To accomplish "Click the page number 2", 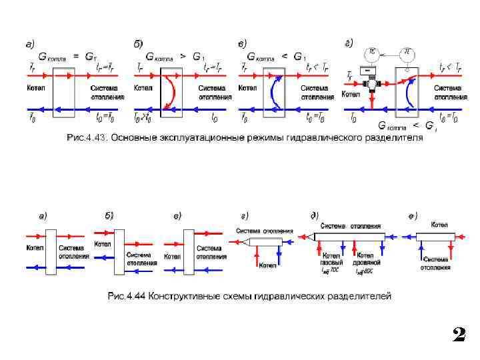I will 458,334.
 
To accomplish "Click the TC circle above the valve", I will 373,51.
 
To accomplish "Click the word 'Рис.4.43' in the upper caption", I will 86,137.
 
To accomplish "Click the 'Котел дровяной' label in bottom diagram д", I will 364,259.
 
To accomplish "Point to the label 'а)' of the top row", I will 30,44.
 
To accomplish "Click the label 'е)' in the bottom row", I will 413,215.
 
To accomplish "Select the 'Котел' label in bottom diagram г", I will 267,265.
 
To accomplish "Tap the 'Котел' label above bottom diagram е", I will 439,224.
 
